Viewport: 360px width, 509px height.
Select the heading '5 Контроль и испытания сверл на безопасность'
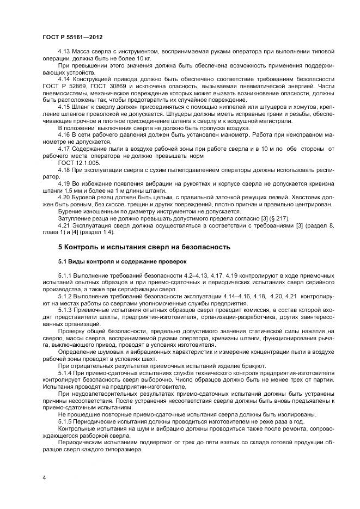point(144,247)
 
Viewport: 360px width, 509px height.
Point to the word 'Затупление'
point(74,218)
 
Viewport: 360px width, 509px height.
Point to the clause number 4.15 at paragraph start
point(64,107)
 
